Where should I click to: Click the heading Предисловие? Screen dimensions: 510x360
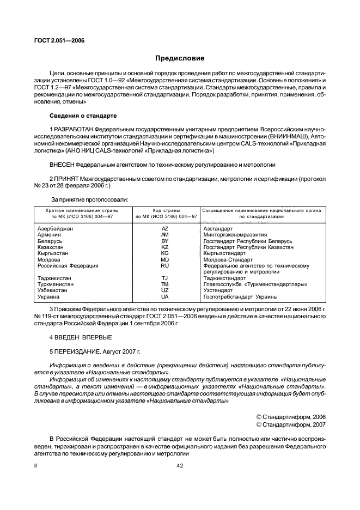180,57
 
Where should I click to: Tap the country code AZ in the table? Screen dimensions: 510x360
164,229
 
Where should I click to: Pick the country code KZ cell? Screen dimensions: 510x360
164,247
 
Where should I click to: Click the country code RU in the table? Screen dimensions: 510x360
164,265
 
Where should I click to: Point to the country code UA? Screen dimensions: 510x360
164,296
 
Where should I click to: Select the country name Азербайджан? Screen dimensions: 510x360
55,229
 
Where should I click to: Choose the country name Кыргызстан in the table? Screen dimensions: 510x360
53,253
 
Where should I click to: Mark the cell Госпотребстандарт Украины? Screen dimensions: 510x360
240,296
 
